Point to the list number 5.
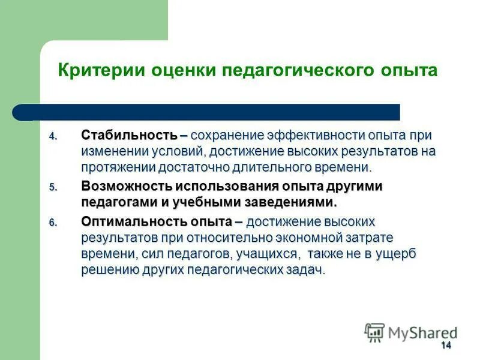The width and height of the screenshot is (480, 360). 52,188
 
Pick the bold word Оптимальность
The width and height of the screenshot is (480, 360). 131,222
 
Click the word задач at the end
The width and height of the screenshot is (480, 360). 305,269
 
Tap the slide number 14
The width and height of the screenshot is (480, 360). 445,345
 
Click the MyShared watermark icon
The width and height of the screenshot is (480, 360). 374,332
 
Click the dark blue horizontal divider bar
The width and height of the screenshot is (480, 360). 210,112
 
